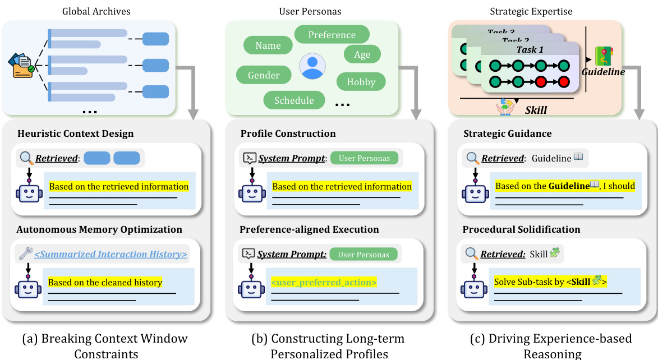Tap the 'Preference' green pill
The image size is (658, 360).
pos(332,35)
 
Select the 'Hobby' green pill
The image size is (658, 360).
pos(361,82)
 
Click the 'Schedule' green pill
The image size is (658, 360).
pos(294,100)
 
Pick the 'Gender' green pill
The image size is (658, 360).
pos(264,75)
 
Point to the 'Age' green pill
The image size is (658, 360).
pos(362,54)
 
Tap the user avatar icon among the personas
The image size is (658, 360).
pos(312,66)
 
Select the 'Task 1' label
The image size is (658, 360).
pos(530,49)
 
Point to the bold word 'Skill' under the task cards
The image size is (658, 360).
pos(536,110)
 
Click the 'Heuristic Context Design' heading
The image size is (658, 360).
pos(76,133)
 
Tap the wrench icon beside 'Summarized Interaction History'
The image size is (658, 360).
pos(25,253)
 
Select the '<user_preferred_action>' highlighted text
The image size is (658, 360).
pos(324,282)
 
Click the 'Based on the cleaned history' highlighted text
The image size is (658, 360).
pos(105,282)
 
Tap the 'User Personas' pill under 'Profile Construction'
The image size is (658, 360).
pos(364,158)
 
